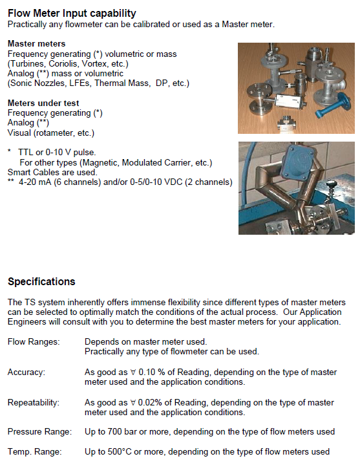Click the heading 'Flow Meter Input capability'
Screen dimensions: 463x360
[x=72, y=13]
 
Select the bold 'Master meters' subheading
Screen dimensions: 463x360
[x=37, y=44]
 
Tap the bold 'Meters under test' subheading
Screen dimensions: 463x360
[x=43, y=103]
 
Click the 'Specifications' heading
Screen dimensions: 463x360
[x=41, y=281]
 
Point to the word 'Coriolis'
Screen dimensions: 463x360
[x=64, y=63]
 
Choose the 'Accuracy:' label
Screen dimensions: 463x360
[x=26, y=372]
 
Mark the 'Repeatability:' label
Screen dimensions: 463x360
[x=33, y=402]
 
